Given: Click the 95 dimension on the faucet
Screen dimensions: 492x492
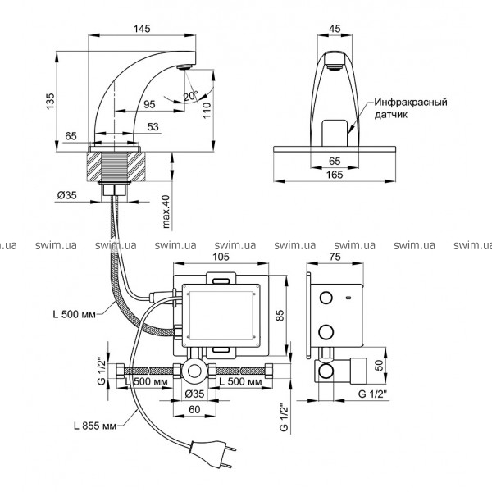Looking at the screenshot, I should point(150,104).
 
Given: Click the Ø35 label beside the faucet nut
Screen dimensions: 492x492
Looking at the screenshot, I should point(68,195).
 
